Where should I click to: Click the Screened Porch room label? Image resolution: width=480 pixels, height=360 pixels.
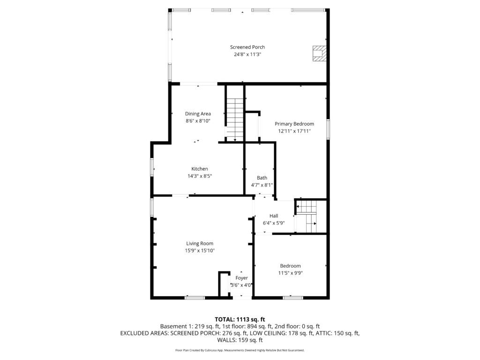pyautogui.click(x=247, y=47)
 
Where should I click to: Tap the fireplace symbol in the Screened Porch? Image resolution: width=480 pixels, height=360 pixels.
pyautogui.click(x=319, y=53)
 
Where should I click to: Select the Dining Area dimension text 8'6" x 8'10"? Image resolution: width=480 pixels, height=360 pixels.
pyautogui.click(x=198, y=121)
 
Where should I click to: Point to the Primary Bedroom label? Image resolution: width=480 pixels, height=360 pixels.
pyautogui.click(x=294, y=124)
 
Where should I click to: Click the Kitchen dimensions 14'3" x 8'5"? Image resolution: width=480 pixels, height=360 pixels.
pyautogui.click(x=200, y=176)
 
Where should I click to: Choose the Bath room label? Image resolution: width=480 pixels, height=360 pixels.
pyautogui.click(x=262, y=178)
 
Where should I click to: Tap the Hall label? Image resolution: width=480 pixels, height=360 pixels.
pyautogui.click(x=274, y=216)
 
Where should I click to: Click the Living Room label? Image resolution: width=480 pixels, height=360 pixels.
pyautogui.click(x=200, y=243)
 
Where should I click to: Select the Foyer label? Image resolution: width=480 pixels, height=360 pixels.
pyautogui.click(x=241, y=278)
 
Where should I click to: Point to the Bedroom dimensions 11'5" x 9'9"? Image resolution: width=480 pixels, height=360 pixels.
pyautogui.click(x=290, y=273)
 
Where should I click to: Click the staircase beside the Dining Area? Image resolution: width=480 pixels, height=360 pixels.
pyautogui.click(x=235, y=120)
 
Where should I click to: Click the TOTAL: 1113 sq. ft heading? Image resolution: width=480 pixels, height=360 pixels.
pyautogui.click(x=240, y=320)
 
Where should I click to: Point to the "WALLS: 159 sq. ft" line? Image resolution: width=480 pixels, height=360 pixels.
pyautogui.click(x=240, y=340)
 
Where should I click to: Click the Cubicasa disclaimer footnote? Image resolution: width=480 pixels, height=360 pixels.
pyautogui.click(x=240, y=350)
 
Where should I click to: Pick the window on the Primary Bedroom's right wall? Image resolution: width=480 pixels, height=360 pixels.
pyautogui.click(x=328, y=129)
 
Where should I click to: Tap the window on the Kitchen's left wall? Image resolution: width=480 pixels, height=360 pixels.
pyautogui.click(x=152, y=167)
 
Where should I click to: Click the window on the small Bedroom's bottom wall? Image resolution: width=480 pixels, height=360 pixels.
pyautogui.click(x=293, y=298)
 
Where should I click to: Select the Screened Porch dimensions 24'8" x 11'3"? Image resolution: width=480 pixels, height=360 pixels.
pyautogui.click(x=247, y=54)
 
